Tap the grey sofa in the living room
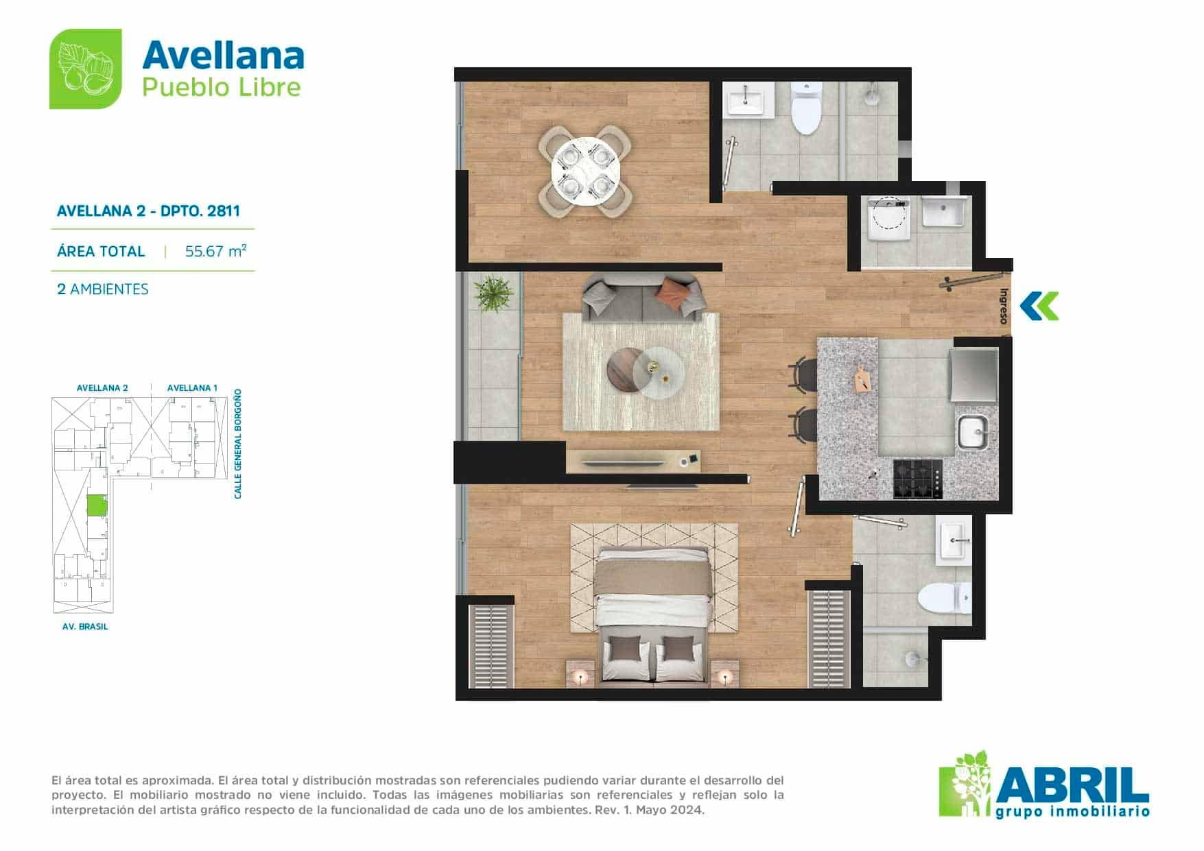pyautogui.click(x=644, y=298)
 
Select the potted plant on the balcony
pyautogui.click(x=493, y=293)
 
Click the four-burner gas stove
pyautogui.click(x=917, y=479)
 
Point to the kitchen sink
pyautogui.click(x=973, y=432)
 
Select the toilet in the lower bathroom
pyautogui.click(x=945, y=598)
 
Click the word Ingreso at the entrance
pyautogui.click(x=1003, y=306)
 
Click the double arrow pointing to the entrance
pyautogui.click(x=1039, y=306)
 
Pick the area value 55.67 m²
pyautogui.click(x=215, y=251)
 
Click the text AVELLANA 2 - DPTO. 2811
pyautogui.click(x=148, y=211)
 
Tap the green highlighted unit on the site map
pyautogui.click(x=96, y=506)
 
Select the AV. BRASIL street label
pyautogui.click(x=85, y=626)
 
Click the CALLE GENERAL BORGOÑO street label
pyautogui.click(x=238, y=444)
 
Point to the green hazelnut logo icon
pyautogui.click(x=86, y=69)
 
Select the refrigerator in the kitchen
pyautogui.click(x=973, y=375)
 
